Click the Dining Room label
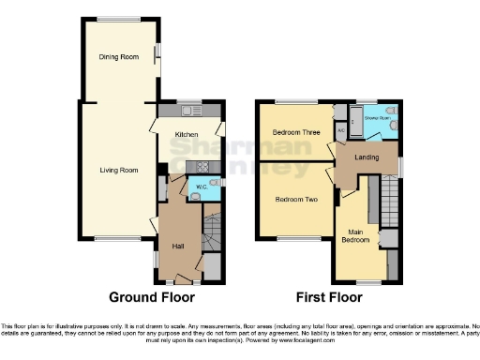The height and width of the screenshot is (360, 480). pos(119,57)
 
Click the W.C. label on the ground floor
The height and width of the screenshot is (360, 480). pos(200,187)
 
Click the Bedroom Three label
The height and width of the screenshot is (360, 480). pos(296,133)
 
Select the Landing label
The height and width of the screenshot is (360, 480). pos(367,157)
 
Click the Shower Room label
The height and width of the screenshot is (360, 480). pos(378,118)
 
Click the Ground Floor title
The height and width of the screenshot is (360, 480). pos(151,298)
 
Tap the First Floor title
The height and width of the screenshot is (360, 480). pos(328,298)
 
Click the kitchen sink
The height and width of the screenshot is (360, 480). pos(190,112)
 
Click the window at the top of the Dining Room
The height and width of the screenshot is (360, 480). pos(118,20)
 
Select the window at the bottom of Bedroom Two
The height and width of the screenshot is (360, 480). pos(294,239)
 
